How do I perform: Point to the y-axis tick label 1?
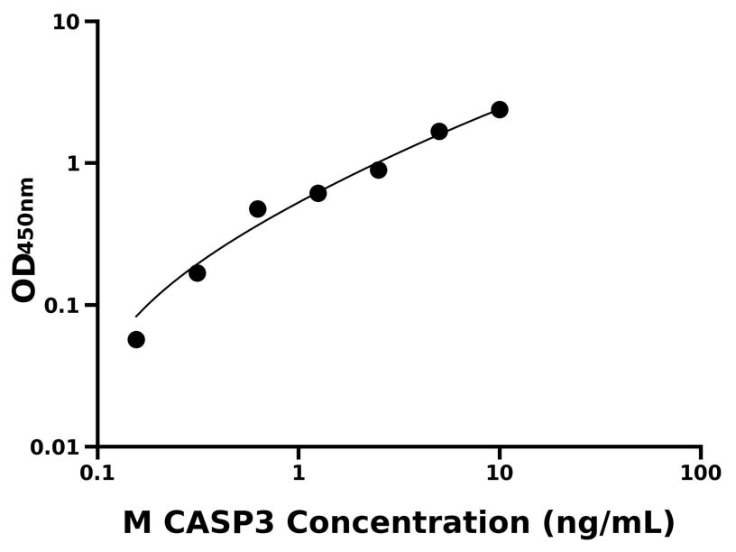coord(76,163)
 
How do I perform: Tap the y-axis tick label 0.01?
coord(55,447)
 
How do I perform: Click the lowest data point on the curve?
coord(136,339)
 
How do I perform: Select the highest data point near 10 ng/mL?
coord(500,109)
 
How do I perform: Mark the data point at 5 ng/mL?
coord(439,131)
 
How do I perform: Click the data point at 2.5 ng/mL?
coord(379,170)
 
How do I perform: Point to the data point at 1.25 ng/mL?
coord(318,193)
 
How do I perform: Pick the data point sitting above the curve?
coord(258,208)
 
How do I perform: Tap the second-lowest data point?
coord(198,272)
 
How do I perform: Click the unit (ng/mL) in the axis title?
coord(609,524)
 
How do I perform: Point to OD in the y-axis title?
coord(24,277)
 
